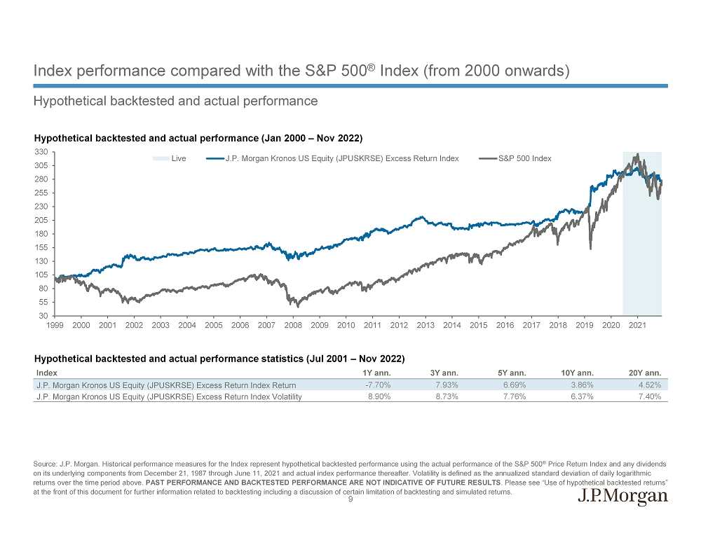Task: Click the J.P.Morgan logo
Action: pos(622,497)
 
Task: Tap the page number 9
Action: pos(350,500)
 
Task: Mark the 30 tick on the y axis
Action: pos(43,316)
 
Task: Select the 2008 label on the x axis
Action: pos(293,326)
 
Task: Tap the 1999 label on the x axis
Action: pos(55,326)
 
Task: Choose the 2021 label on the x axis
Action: pos(637,326)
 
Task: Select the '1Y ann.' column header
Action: pos(375,373)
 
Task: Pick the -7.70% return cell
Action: pos(378,385)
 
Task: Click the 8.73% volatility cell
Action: pos(447,397)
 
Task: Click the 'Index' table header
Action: pos(46,373)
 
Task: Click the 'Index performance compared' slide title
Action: pos(301,71)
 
